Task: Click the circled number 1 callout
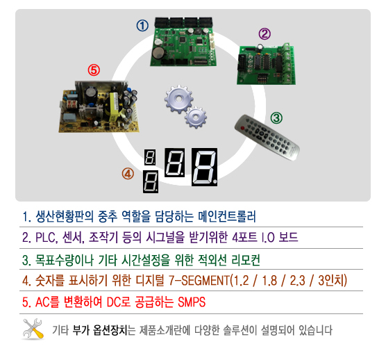(x=142, y=26)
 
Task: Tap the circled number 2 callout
(x=265, y=34)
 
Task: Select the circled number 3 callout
(x=276, y=118)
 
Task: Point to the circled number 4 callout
(x=128, y=174)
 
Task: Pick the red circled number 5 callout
(x=94, y=70)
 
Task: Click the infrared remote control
(x=267, y=137)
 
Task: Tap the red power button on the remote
(x=242, y=128)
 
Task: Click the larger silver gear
(x=179, y=99)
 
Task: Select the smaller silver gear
(x=196, y=117)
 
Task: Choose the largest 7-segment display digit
(x=204, y=167)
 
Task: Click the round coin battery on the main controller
(x=158, y=54)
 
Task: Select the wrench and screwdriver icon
(x=33, y=329)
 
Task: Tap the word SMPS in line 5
(x=192, y=302)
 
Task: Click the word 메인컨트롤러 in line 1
(x=227, y=216)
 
